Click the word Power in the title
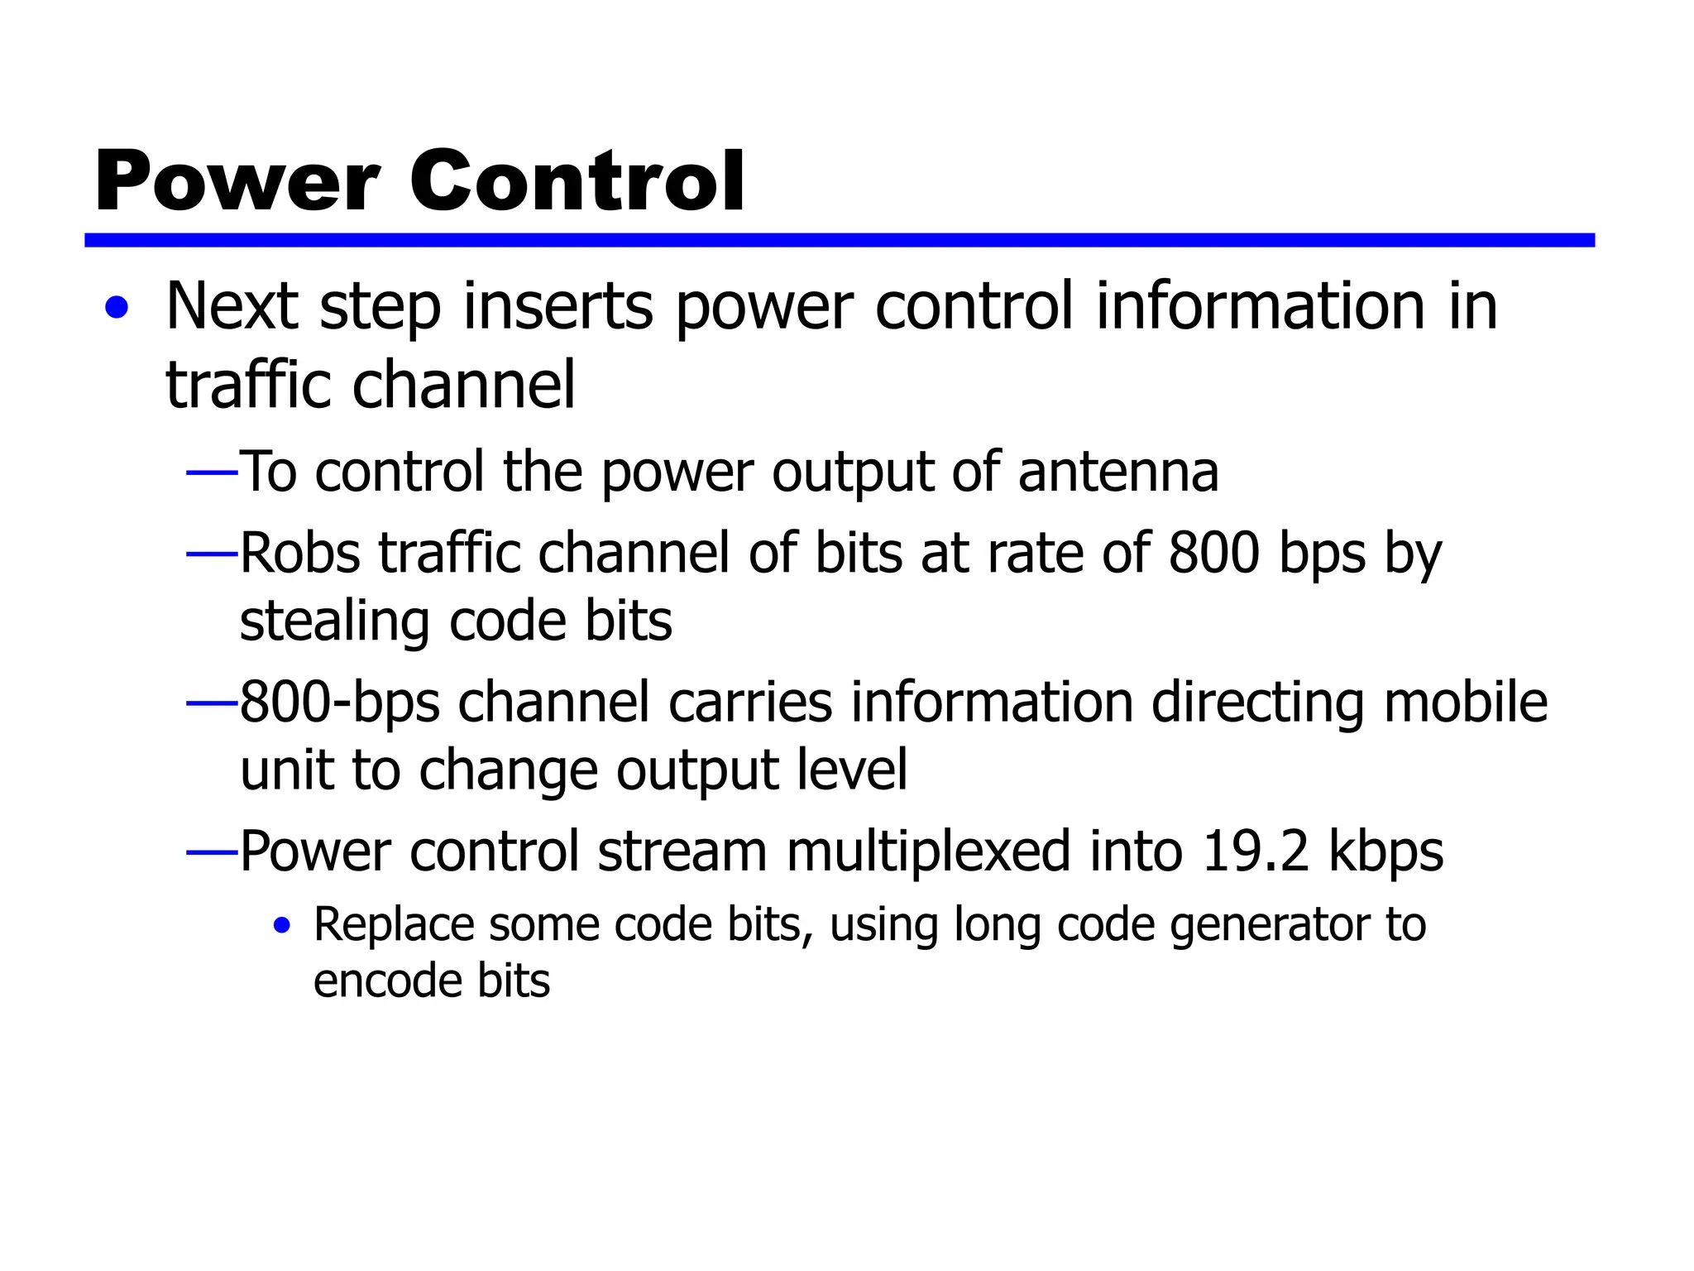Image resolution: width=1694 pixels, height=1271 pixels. click(x=237, y=182)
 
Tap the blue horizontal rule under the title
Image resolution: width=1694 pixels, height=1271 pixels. click(x=839, y=240)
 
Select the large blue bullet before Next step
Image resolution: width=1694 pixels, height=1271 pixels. click(x=117, y=309)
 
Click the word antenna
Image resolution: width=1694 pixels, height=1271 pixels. click(x=1117, y=472)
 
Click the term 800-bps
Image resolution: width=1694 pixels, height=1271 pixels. click(x=339, y=703)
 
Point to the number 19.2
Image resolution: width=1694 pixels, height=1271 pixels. click(x=1256, y=851)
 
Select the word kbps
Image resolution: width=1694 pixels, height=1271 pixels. click(x=1386, y=853)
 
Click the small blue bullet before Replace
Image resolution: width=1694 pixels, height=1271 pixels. click(x=283, y=925)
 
